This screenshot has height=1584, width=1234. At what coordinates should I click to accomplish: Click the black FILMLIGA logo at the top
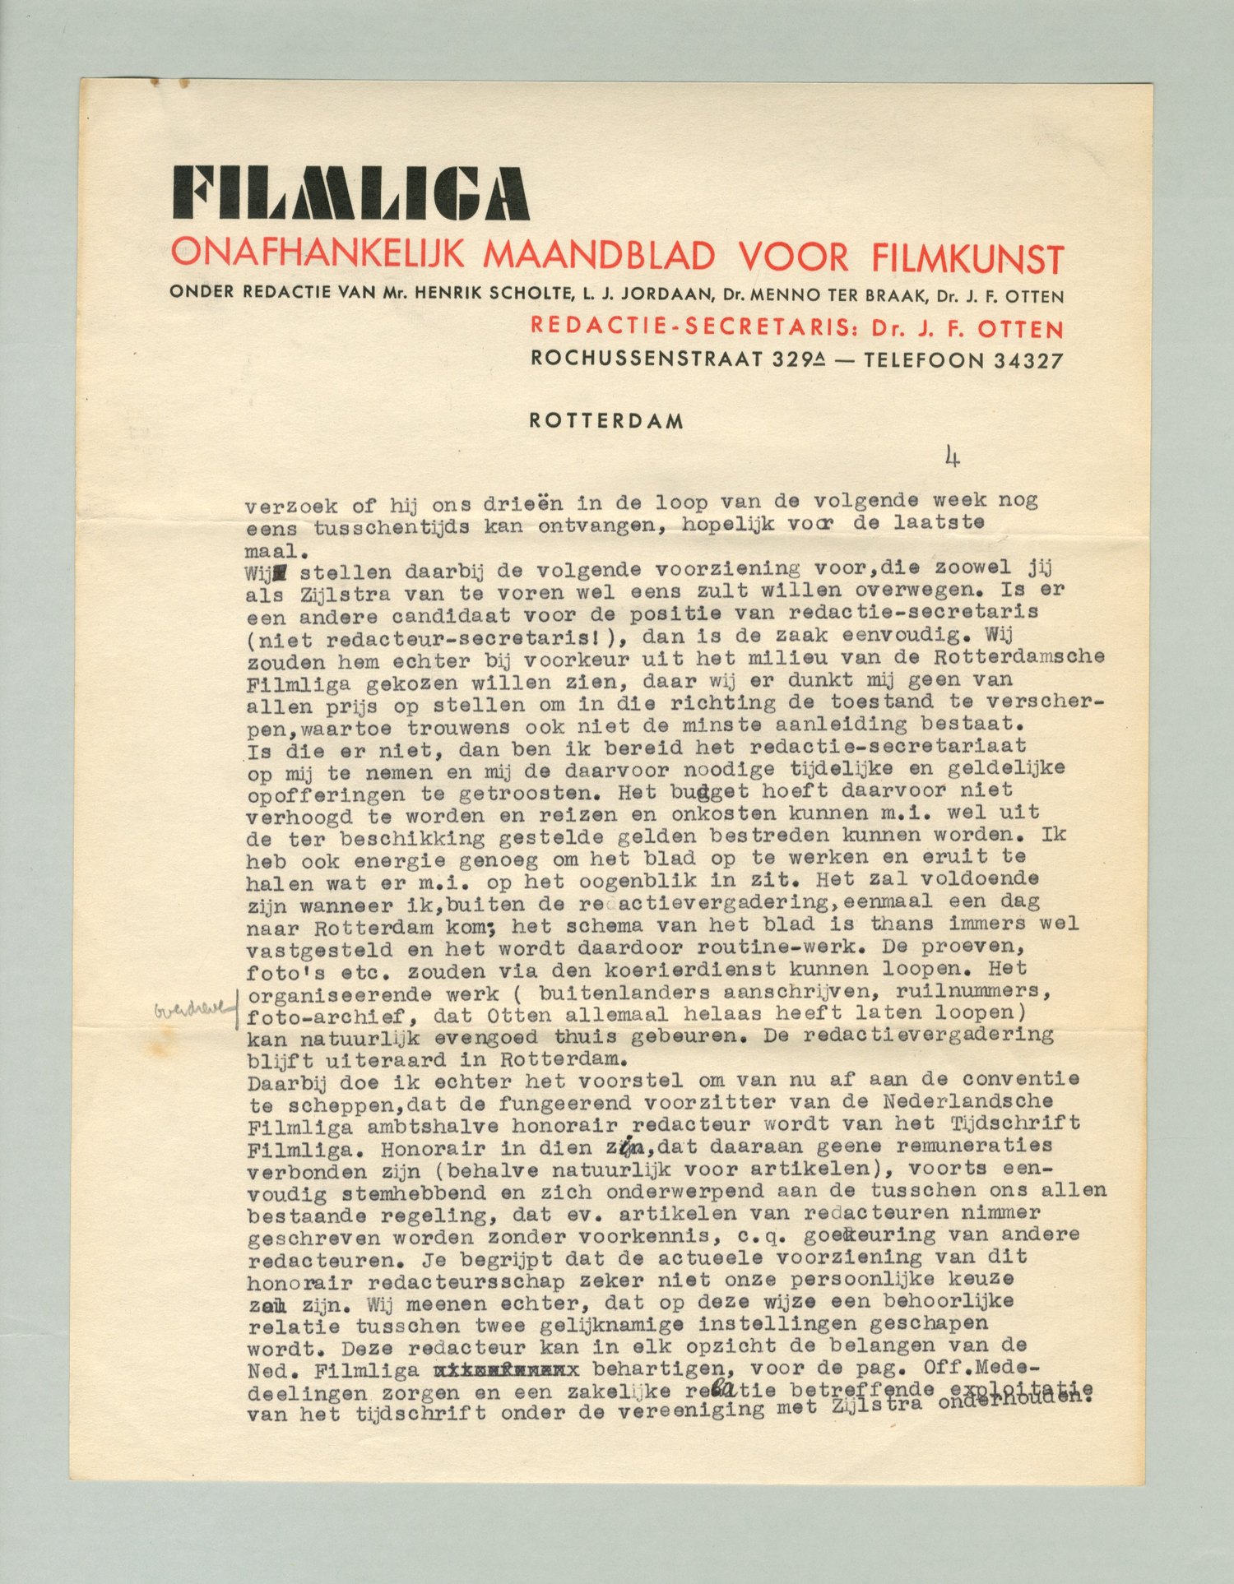[x=350, y=193]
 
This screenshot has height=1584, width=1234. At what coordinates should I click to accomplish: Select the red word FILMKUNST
[x=967, y=258]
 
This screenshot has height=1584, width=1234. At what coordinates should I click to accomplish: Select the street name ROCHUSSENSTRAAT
[x=646, y=359]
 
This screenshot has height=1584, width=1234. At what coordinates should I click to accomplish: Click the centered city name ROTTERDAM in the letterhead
[x=606, y=421]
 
